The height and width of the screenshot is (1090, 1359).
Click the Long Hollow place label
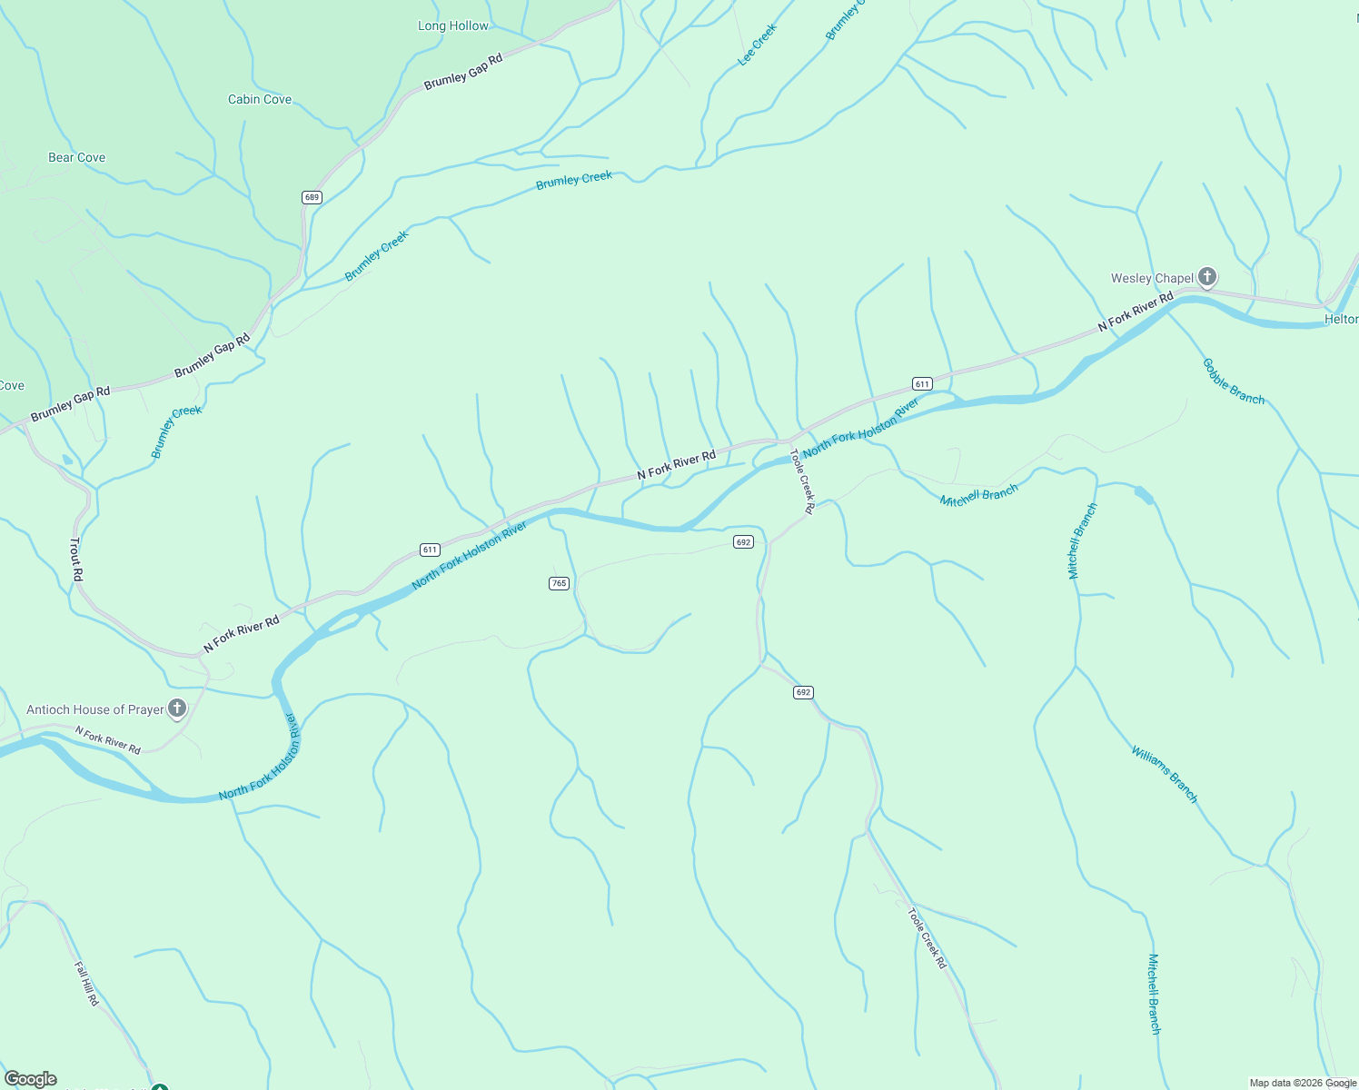point(453,26)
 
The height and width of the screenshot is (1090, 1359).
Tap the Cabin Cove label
point(260,100)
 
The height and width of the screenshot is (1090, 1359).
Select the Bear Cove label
point(76,158)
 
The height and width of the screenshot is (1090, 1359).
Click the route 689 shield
point(312,197)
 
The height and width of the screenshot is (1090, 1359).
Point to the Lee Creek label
point(757,45)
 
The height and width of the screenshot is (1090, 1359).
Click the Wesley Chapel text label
point(1152,279)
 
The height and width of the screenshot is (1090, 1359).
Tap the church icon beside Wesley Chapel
point(1206,277)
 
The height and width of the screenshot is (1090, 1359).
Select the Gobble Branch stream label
point(1233,381)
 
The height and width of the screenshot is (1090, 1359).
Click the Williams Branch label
point(1165,775)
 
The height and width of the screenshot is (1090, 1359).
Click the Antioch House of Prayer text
point(95,710)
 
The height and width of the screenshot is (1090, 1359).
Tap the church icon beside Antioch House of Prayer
point(177,708)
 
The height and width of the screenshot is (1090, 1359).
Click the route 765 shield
point(559,583)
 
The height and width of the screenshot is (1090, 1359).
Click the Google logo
point(30,1079)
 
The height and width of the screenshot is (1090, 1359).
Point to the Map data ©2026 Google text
point(1301,1083)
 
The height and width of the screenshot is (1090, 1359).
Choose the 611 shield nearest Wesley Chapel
point(922,384)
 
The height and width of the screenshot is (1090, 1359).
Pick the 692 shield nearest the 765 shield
point(743,542)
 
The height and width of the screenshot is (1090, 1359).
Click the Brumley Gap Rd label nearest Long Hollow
point(463,72)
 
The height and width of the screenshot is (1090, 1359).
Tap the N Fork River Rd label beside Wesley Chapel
point(1136,312)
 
